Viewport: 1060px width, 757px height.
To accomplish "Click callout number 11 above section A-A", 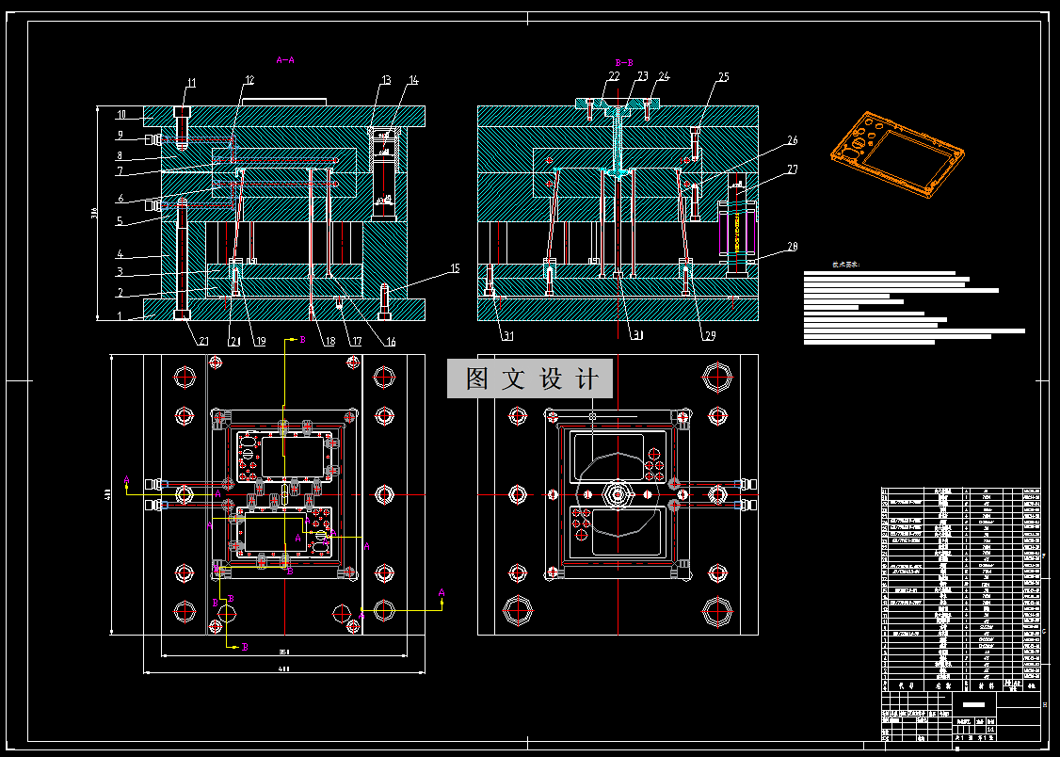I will pos(190,84).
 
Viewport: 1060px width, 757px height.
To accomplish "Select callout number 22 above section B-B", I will pos(614,75).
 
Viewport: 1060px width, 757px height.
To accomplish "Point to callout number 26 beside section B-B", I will pos(792,140).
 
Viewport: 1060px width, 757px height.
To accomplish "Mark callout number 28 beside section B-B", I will pos(792,247).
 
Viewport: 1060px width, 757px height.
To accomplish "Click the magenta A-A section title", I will pos(285,59).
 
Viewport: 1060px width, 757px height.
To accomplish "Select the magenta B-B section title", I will pos(623,60).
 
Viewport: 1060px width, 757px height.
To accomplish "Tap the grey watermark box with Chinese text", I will pos(530,378).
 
